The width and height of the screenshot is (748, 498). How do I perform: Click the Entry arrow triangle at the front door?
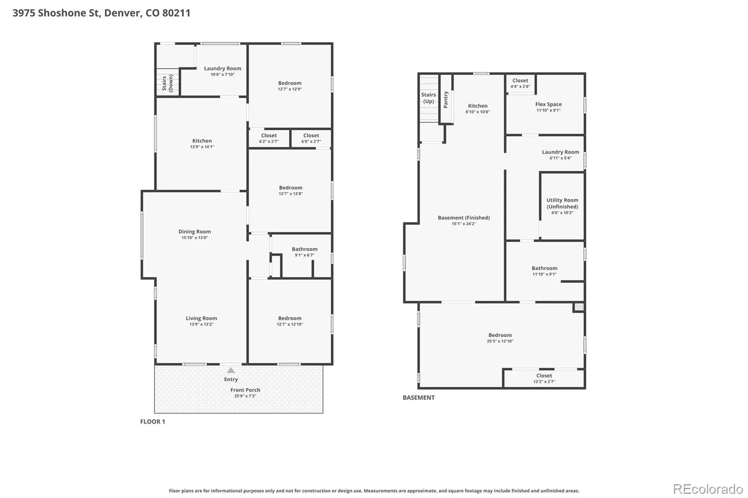(231, 370)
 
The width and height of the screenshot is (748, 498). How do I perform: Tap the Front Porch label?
(245, 390)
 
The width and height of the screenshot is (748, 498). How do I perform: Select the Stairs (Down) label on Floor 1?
(167, 83)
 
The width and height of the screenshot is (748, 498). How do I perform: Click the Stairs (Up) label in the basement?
(428, 98)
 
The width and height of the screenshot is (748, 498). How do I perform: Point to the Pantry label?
(446, 100)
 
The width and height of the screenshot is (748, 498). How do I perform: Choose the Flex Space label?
(548, 104)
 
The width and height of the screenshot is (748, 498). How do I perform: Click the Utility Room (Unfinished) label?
(562, 203)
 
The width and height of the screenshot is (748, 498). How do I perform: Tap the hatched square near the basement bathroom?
(579, 307)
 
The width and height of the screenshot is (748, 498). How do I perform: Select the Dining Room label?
(194, 231)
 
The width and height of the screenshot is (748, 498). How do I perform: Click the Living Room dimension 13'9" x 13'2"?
(201, 324)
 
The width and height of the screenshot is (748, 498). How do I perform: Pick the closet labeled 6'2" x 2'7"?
(269, 138)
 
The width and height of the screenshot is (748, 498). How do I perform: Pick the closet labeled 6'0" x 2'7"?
(311, 138)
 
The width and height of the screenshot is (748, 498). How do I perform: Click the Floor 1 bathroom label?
(304, 249)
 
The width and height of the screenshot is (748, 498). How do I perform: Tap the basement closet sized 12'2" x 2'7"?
(544, 378)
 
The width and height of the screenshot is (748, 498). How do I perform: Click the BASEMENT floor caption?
(418, 398)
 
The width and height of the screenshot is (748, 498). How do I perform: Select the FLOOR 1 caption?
(152, 421)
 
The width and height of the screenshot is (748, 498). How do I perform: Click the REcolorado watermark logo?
(708, 489)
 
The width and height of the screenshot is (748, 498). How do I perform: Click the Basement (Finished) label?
(463, 218)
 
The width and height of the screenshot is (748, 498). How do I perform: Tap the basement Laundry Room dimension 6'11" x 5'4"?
(561, 158)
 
